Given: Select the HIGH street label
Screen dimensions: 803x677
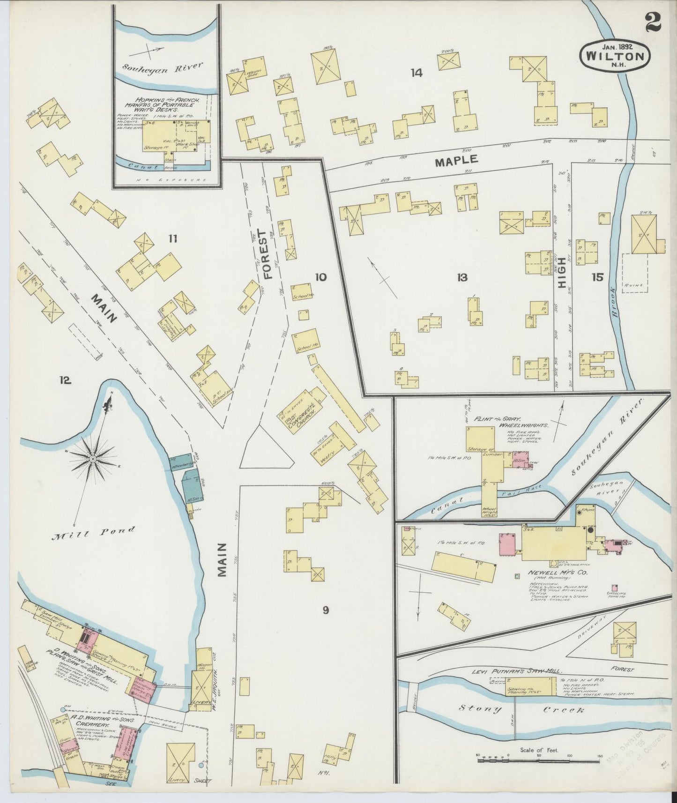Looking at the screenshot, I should point(562,269).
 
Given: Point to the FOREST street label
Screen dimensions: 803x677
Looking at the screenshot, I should point(267,254).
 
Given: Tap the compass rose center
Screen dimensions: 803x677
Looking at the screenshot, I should point(94,458).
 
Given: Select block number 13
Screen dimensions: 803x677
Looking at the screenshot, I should point(462,278).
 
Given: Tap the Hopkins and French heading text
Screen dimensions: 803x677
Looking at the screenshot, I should point(167,103).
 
